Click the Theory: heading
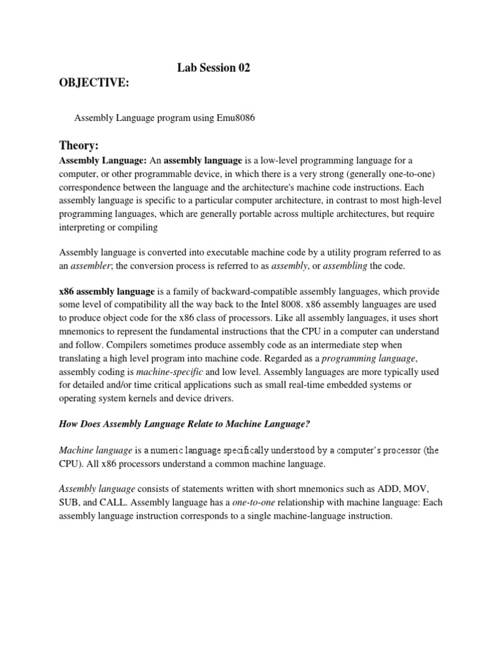pos(78,145)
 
